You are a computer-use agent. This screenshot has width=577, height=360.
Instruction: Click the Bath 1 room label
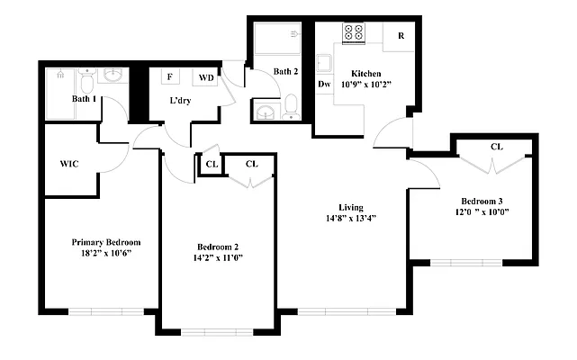click(x=85, y=99)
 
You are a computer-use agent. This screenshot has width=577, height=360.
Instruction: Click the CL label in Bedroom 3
click(x=496, y=147)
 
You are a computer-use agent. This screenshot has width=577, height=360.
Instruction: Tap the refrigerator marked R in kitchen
click(x=399, y=35)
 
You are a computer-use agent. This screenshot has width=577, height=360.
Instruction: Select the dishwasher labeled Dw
click(x=324, y=84)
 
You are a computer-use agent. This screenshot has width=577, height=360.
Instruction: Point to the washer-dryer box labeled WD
click(x=206, y=78)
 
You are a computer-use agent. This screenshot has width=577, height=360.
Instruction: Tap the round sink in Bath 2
click(x=266, y=112)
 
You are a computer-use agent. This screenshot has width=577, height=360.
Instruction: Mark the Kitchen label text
click(x=367, y=73)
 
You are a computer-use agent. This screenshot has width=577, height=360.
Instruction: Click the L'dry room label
click(x=179, y=101)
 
